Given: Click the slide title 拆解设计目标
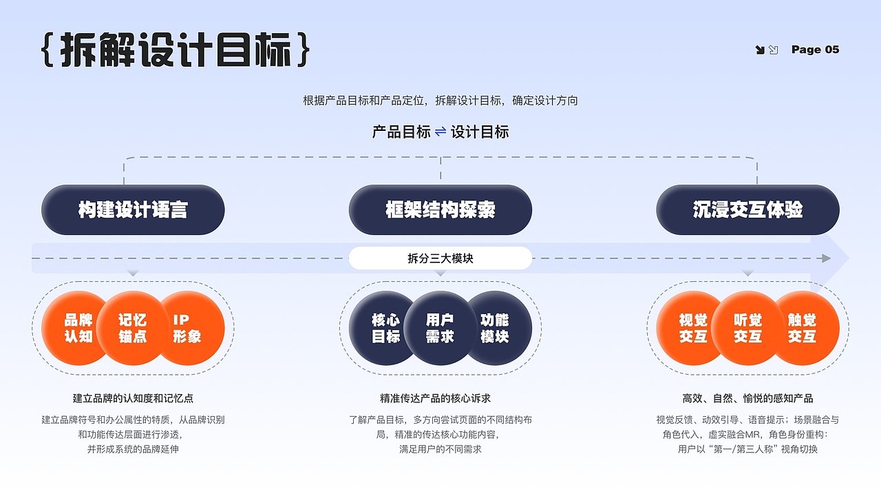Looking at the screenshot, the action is click(176, 50).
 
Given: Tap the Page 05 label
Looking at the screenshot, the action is click(815, 50).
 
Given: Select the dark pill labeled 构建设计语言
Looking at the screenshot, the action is click(133, 210).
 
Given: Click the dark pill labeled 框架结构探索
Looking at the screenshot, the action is click(440, 210).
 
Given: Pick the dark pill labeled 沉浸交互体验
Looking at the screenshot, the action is click(747, 210).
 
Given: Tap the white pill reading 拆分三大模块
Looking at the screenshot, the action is click(440, 259).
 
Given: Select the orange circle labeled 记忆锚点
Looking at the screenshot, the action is click(133, 329).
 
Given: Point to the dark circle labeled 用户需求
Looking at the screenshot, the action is click(440, 329).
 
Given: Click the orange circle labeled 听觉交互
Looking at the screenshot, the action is click(747, 329).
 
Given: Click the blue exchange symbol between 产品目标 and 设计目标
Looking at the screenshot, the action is click(440, 132).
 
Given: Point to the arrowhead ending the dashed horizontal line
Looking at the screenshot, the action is click(826, 258).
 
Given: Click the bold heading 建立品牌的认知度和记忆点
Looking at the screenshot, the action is click(133, 398).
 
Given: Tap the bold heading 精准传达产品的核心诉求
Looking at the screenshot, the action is click(440, 398).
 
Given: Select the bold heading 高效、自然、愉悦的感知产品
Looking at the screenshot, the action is click(747, 398).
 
